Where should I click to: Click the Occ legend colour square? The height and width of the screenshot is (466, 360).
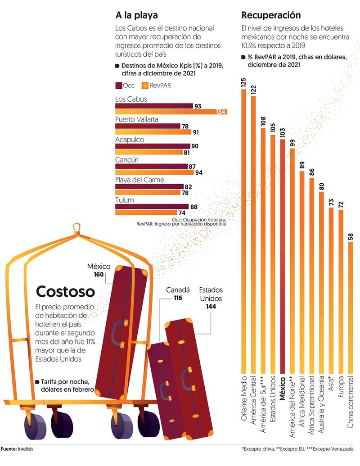click(119, 85)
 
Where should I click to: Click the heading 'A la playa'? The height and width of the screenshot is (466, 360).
click(136, 16)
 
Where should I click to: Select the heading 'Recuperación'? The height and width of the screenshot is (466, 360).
click(271, 16)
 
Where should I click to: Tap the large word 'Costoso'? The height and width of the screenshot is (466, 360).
click(65, 291)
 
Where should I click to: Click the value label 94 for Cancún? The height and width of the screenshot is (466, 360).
click(198, 172)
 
